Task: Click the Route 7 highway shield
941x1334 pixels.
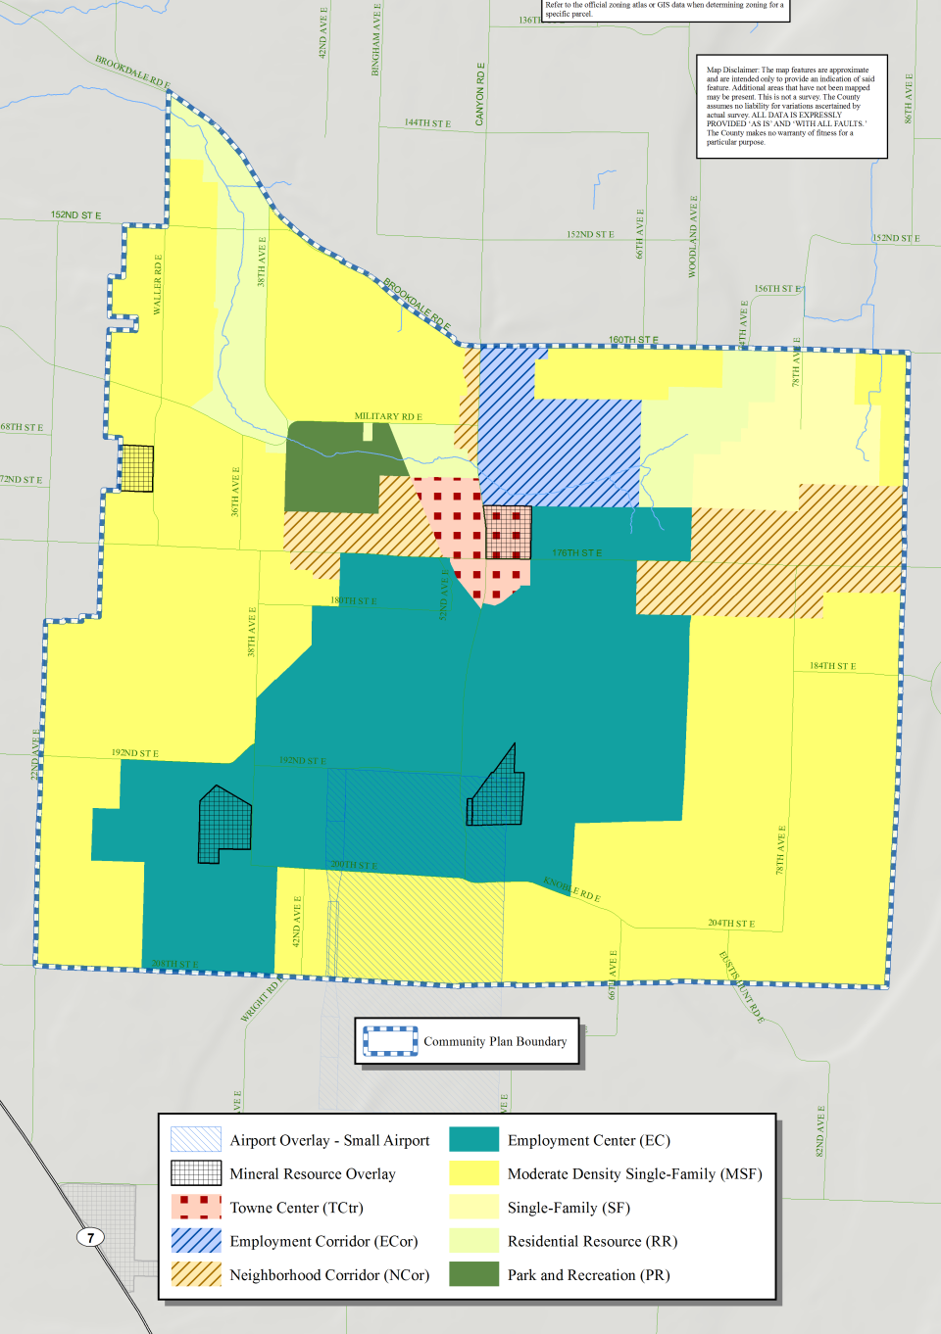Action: (91, 1237)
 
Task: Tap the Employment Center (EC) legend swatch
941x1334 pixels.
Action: (473, 1140)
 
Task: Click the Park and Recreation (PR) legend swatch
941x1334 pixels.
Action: (473, 1274)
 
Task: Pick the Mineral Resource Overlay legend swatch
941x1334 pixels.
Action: (196, 1173)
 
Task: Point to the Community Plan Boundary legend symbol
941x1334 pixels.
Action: (390, 1041)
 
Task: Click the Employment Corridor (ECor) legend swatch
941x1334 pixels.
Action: (196, 1241)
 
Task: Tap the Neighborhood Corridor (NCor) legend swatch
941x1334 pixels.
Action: (196, 1274)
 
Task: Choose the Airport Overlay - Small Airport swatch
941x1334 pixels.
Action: (196, 1140)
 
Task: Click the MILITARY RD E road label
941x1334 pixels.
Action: (388, 416)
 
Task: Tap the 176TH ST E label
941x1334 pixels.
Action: (576, 553)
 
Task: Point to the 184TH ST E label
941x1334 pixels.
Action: (832, 666)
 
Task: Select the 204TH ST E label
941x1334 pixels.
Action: (731, 924)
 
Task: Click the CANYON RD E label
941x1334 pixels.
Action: (480, 94)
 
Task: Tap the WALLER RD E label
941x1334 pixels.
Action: (158, 284)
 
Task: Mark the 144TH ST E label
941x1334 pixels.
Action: (427, 123)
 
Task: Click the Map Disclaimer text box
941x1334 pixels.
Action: (791, 106)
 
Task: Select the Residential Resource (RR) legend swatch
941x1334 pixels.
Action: (473, 1241)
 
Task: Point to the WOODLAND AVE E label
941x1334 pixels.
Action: (693, 236)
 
